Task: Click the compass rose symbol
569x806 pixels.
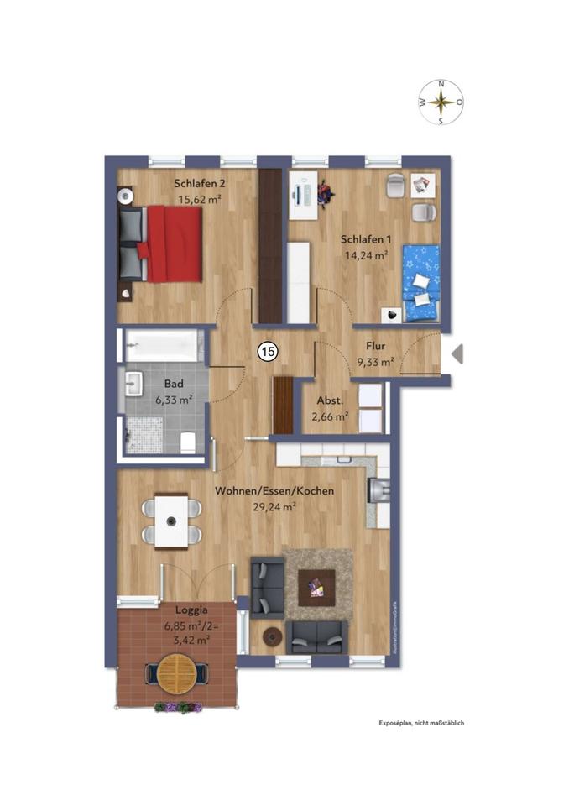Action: (441, 102)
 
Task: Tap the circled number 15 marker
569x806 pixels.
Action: (267, 352)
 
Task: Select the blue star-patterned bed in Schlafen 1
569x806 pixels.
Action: (421, 283)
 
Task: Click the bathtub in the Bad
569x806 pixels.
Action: (164, 345)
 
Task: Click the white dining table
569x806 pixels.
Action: (174, 521)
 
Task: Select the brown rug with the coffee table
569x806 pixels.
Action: (317, 579)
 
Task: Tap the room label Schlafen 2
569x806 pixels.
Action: (200, 184)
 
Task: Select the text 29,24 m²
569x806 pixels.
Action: (274, 507)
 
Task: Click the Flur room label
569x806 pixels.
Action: (375, 347)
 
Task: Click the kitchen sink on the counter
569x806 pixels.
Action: (379, 489)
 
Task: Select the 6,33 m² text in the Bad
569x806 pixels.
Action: (175, 400)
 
